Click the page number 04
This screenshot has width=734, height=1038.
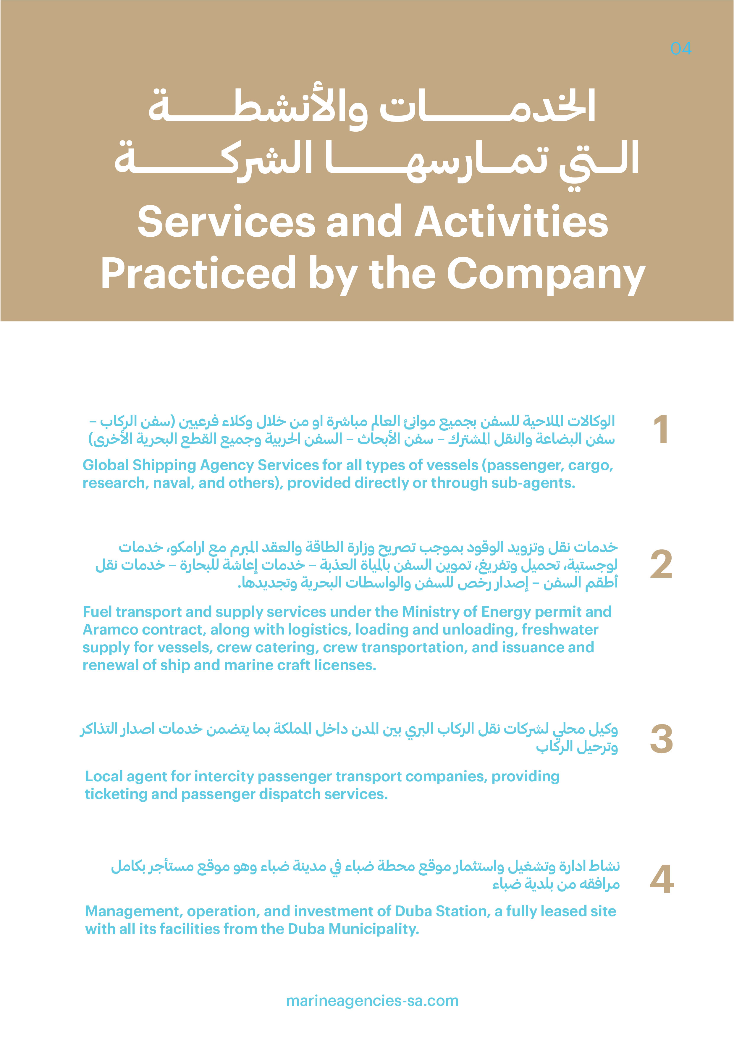[681, 49]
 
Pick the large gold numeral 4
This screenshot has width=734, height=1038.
[661, 879]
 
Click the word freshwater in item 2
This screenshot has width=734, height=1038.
[560, 630]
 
